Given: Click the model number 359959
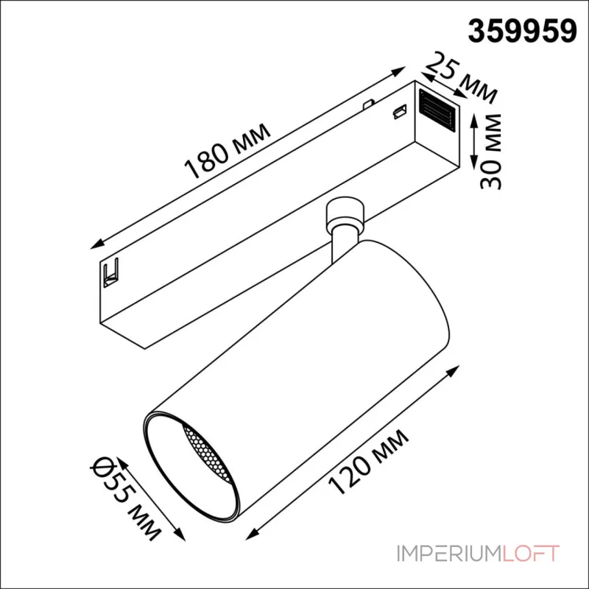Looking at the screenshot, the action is click(x=522, y=32).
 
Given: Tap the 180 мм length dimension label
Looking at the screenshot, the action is click(x=228, y=151).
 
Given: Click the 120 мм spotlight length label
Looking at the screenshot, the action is click(x=369, y=462).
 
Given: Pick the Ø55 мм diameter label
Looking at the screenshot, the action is click(x=126, y=499).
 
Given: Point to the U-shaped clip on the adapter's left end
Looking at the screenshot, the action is click(x=112, y=272).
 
